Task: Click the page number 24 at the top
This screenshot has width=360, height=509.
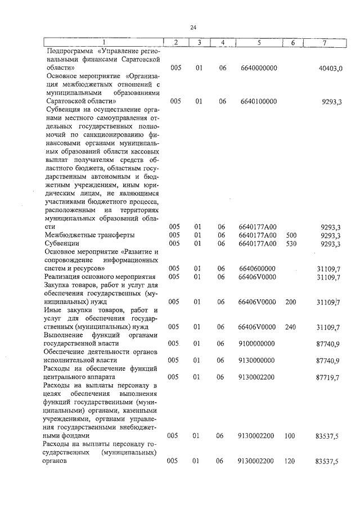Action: coord(193,27)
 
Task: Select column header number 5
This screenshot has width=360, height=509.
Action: coord(258,43)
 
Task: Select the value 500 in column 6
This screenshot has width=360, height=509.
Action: coord(291,235)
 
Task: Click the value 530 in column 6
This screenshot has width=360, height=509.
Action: coord(291,244)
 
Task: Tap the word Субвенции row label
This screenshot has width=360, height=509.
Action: coord(63,244)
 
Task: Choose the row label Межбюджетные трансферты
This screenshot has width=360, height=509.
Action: coord(89,235)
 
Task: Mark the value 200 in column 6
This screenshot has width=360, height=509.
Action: coord(291,302)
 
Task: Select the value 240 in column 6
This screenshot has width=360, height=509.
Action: coord(291,327)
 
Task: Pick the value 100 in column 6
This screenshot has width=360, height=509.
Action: coord(291,435)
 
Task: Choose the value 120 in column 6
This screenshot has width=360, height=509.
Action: coord(291,461)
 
